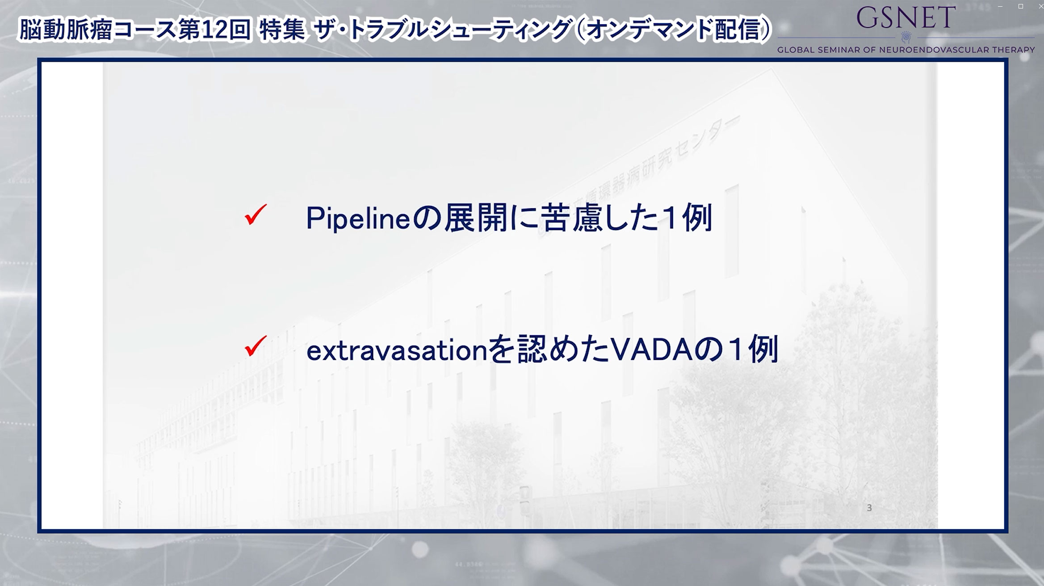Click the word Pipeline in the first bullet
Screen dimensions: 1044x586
pos(358,219)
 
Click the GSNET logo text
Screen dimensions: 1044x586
pos(906,18)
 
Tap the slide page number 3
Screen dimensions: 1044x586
pos(869,508)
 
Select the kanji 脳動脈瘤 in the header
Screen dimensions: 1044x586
pos(65,30)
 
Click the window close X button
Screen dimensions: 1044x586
pos(1040,6)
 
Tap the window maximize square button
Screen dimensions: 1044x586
pos(1021,6)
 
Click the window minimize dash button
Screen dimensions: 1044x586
pos(1001,6)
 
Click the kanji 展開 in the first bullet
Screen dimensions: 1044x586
pos(476,218)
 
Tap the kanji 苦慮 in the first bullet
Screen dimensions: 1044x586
pos(572,218)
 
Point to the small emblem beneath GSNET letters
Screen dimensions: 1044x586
pos(906,37)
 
